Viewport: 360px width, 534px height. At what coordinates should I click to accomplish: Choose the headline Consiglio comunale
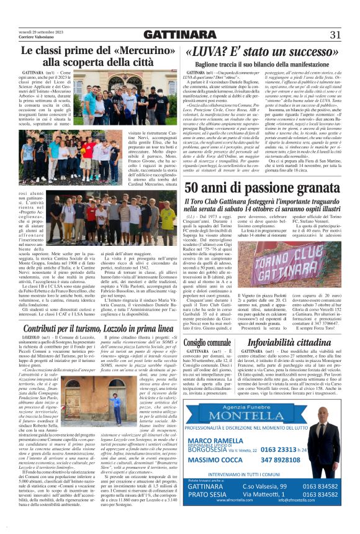(x=207, y=342)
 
